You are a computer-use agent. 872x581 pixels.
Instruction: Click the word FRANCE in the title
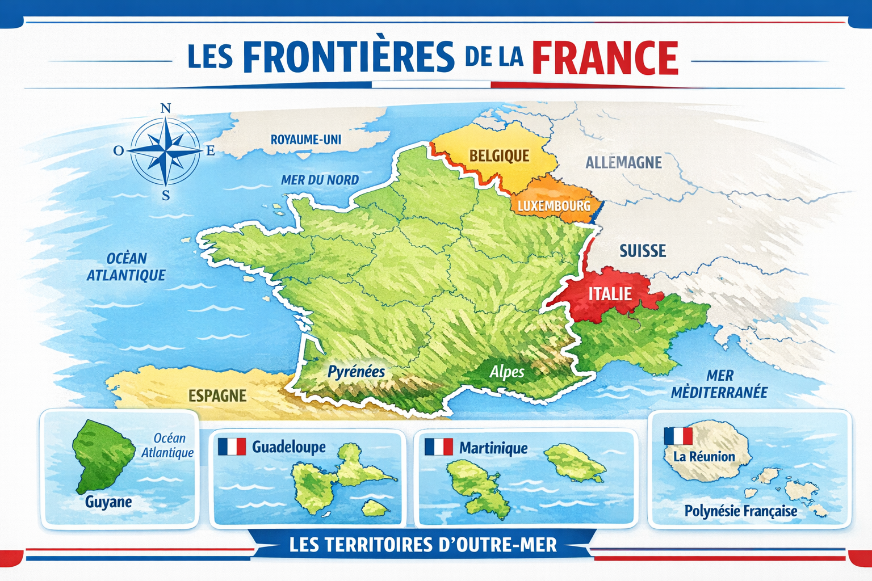click(605, 57)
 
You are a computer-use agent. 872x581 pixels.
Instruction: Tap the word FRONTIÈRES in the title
click(349, 57)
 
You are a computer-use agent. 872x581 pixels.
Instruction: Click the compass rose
click(165, 151)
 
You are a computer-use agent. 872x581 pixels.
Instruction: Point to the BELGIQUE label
click(499, 155)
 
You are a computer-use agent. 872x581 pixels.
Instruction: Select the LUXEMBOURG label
click(554, 205)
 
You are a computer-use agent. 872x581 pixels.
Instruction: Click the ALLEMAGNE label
click(623, 163)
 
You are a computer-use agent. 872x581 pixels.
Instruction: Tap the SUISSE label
click(643, 251)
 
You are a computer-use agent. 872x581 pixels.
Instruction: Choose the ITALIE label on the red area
click(610, 293)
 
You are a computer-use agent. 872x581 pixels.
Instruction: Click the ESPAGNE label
click(217, 395)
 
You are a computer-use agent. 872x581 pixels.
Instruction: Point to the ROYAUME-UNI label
click(305, 139)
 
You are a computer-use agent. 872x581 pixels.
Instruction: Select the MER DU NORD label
click(320, 180)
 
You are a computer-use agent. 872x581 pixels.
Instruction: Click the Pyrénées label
click(357, 372)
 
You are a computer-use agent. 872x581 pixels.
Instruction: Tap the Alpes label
click(507, 372)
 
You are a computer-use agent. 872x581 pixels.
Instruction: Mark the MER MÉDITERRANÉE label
click(719, 384)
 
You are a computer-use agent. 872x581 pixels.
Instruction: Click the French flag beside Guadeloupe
click(232, 447)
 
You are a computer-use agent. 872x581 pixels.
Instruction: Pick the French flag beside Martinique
click(438, 447)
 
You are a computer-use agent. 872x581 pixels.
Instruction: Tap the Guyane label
click(108, 502)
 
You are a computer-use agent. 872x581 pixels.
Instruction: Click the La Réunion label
click(704, 456)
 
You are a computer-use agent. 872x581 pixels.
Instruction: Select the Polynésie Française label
click(740, 511)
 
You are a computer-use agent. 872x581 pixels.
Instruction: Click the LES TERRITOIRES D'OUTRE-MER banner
click(423, 545)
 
